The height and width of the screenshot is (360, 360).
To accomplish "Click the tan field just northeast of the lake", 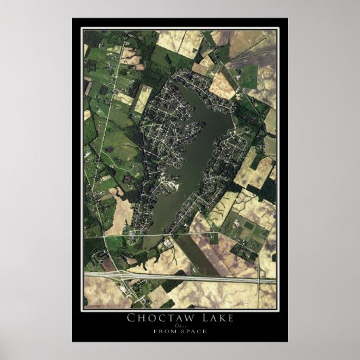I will (x=222, y=85).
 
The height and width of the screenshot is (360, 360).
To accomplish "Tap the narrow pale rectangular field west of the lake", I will (x=143, y=99).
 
